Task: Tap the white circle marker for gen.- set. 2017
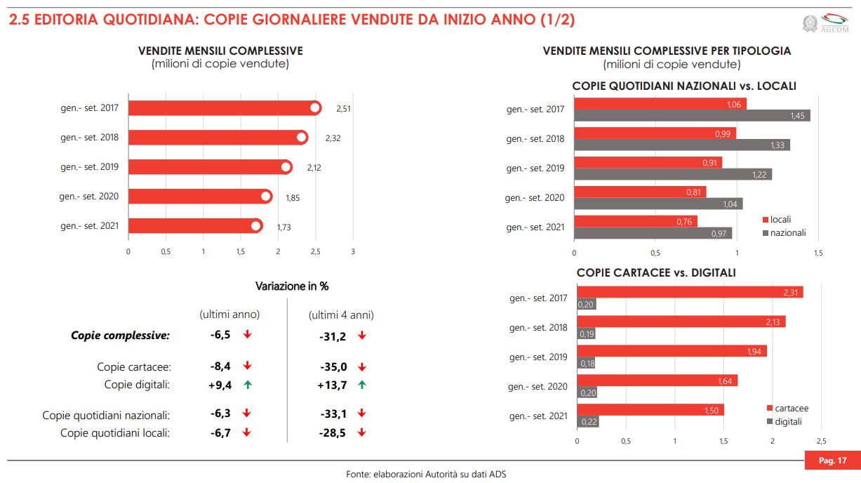[315, 108]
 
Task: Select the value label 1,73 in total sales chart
[283, 227]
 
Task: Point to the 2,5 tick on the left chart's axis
[316, 251]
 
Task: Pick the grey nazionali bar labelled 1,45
[691, 116]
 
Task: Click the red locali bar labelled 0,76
[635, 222]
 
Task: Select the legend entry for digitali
[785, 422]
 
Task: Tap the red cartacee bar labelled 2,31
[689, 292]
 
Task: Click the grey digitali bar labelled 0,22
[587, 422]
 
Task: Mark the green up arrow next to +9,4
[247, 385]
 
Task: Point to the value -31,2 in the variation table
[333, 336]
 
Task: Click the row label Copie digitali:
[138, 385]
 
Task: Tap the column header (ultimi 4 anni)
[341, 315]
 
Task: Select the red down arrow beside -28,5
[362, 433]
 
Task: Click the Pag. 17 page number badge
[832, 461]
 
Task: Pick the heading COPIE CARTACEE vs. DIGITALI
[656, 272]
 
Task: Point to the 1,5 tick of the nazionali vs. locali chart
[817, 253]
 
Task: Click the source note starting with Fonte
[426, 474]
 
